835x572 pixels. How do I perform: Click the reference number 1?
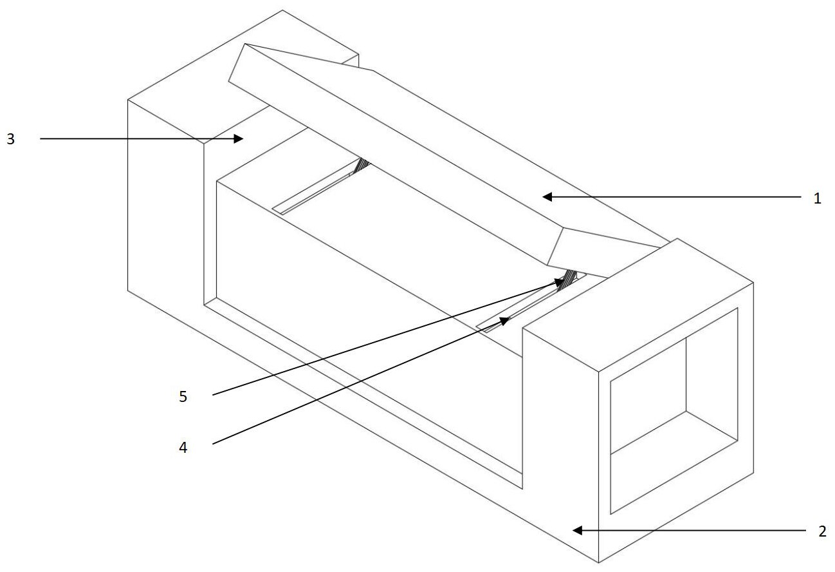click(817, 198)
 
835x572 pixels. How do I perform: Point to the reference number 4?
click(183, 448)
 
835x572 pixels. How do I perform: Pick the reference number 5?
click(183, 396)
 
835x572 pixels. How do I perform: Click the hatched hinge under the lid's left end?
click(362, 166)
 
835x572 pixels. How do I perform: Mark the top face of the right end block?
click(637, 303)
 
